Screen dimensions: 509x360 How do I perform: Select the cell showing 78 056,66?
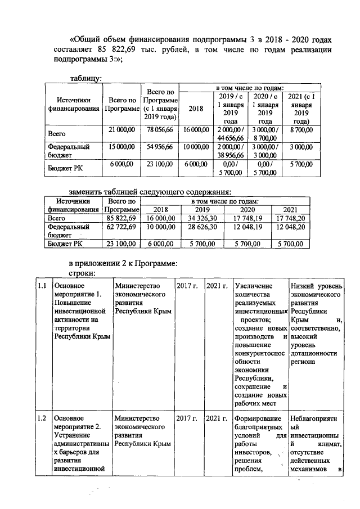[x=160, y=130]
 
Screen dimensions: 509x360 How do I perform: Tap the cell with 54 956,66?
[x=160, y=146]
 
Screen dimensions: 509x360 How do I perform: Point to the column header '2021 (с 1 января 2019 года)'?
[x=300, y=109]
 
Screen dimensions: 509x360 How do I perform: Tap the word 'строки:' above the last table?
[x=82, y=272]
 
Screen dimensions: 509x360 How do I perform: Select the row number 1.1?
[x=41, y=286]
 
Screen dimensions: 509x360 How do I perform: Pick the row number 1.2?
[x=41, y=418]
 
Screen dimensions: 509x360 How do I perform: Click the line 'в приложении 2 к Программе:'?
[x=123, y=262]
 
